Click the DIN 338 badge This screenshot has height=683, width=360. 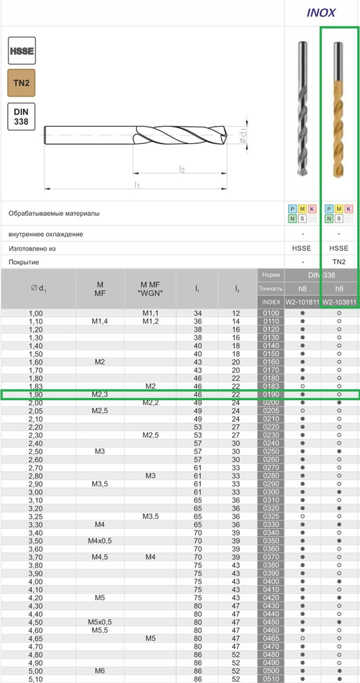pos(22,116)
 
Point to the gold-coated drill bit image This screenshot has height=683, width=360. pos(339,111)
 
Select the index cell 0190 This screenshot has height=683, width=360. pos(271,394)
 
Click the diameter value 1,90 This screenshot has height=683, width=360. pos(35,394)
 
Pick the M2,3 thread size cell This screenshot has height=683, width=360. pos(100,394)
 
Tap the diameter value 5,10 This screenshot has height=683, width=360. pos(35,678)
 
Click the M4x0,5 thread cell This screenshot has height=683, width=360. pos(100,540)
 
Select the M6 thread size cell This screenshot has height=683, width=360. pos(100,670)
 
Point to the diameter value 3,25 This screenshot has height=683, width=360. pos(35,515)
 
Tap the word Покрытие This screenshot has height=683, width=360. pos(23,261)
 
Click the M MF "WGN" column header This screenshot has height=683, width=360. pos(150,289)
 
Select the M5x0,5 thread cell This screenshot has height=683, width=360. pos(100,621)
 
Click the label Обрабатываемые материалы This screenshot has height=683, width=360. pos(54,214)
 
